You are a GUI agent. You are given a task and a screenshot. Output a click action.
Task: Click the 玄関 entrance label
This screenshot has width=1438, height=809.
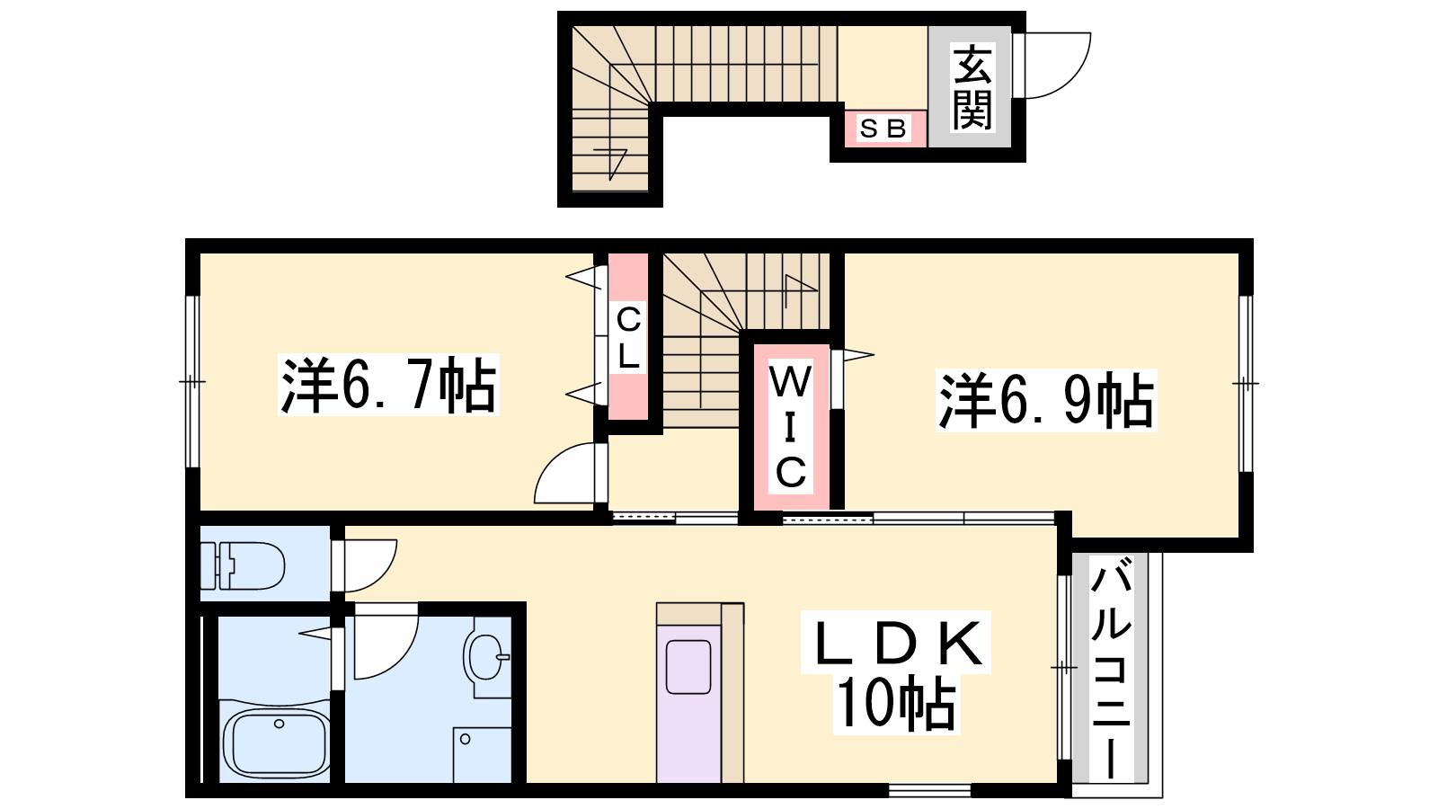(x=972, y=86)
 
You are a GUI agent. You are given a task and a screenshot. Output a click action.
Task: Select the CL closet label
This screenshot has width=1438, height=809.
(x=628, y=338)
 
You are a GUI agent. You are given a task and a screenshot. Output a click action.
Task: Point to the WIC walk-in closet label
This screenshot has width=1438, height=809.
(x=790, y=426)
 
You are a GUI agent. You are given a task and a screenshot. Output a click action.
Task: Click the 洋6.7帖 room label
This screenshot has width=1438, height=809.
(x=387, y=385)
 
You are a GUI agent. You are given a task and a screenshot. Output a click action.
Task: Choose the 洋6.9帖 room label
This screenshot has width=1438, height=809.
(x=1046, y=400)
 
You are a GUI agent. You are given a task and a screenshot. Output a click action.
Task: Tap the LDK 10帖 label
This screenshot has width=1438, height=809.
(x=897, y=672)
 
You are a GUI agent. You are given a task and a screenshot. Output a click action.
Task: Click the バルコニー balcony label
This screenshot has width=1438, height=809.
(x=1111, y=668)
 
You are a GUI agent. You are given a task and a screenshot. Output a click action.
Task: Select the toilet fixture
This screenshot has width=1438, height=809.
(x=243, y=565)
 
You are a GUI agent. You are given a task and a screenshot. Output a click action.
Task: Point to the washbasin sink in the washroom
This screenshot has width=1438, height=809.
(x=486, y=657)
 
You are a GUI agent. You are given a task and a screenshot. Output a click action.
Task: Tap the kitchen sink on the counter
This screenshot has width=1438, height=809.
(x=688, y=667)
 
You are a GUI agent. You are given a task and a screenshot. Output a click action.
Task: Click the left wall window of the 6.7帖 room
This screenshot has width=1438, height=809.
(x=192, y=381)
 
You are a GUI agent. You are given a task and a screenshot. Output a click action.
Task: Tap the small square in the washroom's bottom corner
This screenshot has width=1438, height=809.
(x=482, y=755)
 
